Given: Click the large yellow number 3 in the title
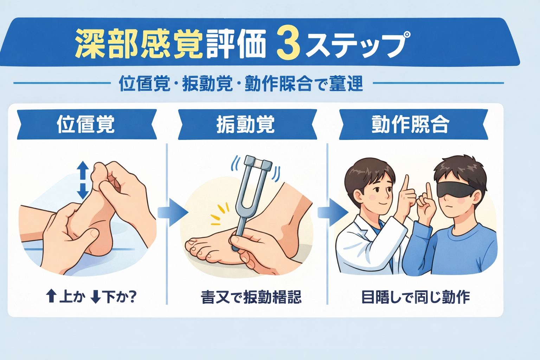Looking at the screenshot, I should click(288, 45).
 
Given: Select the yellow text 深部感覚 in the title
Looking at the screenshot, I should click(139, 44).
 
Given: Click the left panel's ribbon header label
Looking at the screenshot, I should click(86, 124).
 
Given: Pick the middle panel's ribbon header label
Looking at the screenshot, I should click(246, 124).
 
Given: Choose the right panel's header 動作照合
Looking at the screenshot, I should click(411, 124).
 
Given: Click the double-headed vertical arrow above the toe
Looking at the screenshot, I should click(83, 180).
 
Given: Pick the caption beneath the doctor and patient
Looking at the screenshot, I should click(416, 297).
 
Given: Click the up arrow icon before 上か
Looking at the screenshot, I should click(51, 296).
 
